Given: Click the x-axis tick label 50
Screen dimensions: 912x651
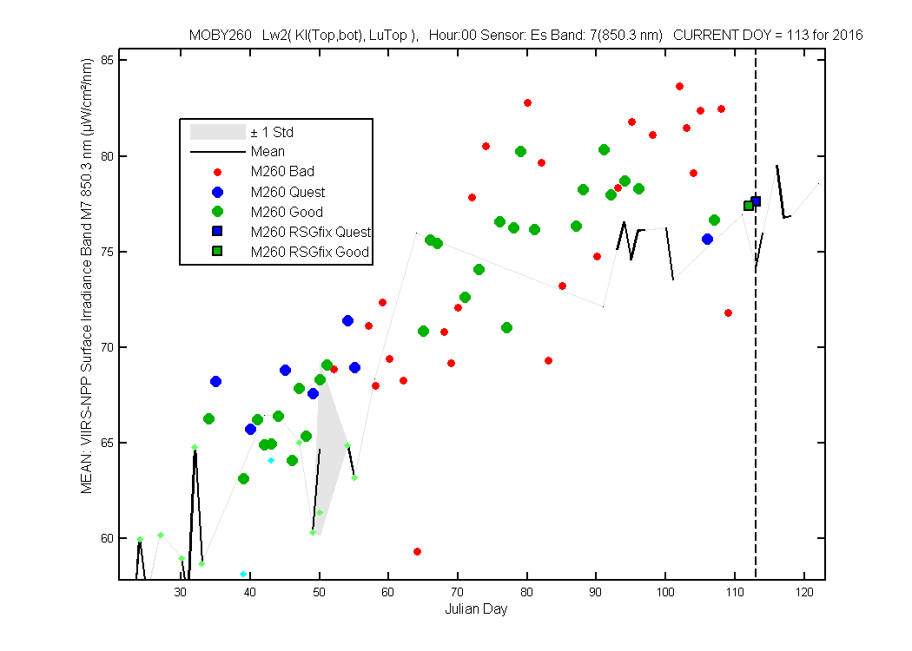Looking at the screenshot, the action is pyautogui.click(x=319, y=592).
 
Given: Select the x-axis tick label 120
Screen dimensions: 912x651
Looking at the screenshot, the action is pyautogui.click(x=804, y=592).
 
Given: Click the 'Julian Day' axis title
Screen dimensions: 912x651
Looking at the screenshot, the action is pyautogui.click(x=476, y=609).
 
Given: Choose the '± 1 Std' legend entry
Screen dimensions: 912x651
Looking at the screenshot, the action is pyautogui.click(x=242, y=132).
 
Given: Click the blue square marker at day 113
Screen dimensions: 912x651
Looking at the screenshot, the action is pyautogui.click(x=756, y=201).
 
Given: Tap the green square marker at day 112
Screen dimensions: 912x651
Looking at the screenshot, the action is pyautogui.click(x=749, y=206).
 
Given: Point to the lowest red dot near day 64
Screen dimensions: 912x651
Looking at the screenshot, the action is pyautogui.click(x=417, y=551).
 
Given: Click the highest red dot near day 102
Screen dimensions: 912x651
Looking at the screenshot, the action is pyautogui.click(x=679, y=87).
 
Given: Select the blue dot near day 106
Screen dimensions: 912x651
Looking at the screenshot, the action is pyautogui.click(x=707, y=239).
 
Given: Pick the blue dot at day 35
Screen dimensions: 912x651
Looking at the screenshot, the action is pyautogui.click(x=215, y=381).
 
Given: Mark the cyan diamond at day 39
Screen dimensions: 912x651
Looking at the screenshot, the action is pyautogui.click(x=243, y=575).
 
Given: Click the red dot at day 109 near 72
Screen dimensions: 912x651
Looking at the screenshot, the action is pyautogui.click(x=728, y=313).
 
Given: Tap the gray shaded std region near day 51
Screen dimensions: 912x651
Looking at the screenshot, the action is pyautogui.click(x=329, y=442).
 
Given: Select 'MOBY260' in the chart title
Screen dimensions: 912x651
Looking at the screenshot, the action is pyautogui.click(x=221, y=35).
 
